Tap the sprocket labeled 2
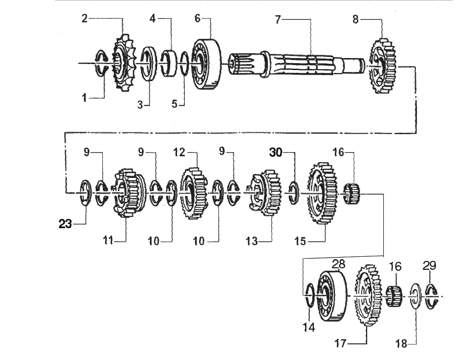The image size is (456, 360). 123,65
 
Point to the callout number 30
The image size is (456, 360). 276,153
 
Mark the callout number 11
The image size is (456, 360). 108,240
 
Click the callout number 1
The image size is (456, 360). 84,98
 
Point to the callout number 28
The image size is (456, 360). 339,263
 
